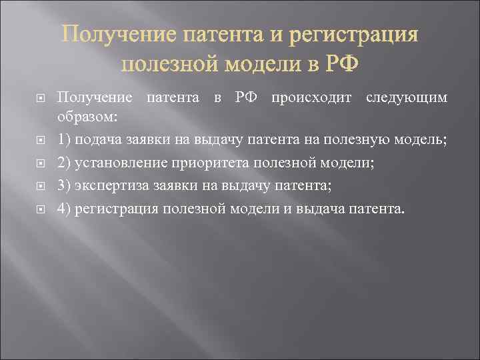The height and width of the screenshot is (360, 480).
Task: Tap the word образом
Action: click(87, 117)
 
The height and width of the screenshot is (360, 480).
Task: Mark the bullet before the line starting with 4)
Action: click(39, 209)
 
